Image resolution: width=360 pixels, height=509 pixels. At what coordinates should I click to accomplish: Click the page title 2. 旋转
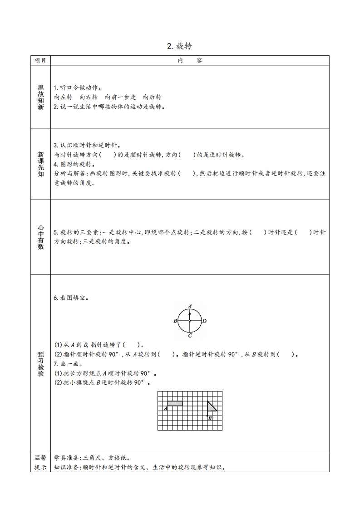pyautogui.click(x=180, y=46)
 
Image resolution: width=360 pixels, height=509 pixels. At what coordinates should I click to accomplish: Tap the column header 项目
pyautogui.click(x=40, y=60)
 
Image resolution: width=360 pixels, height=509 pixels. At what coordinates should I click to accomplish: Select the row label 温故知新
pyautogui.click(x=41, y=97)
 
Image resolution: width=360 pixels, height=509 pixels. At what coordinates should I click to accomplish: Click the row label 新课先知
pyautogui.click(x=41, y=164)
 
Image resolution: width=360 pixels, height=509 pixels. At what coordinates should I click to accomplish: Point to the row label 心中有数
pyautogui.click(x=41, y=237)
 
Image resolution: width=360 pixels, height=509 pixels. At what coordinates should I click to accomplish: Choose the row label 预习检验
pyautogui.click(x=41, y=363)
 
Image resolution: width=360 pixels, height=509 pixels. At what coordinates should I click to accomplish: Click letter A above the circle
pyautogui.click(x=190, y=305)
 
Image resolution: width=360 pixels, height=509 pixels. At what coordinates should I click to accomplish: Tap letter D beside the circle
pyautogui.click(x=205, y=321)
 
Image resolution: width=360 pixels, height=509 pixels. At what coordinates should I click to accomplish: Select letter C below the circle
pyautogui.click(x=190, y=336)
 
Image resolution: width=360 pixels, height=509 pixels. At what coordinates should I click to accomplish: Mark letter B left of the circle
pyautogui.click(x=175, y=321)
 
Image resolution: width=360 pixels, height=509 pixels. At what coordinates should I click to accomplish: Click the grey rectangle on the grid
pyautogui.click(x=175, y=403)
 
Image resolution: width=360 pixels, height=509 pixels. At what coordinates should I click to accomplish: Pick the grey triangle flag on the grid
pyautogui.click(x=211, y=406)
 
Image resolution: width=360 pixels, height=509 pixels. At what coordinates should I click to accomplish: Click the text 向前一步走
pyautogui.click(x=120, y=97)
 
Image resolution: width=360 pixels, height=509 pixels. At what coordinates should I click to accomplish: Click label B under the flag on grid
pyautogui.click(x=210, y=418)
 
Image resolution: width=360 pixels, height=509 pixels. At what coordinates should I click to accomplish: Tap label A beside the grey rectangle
pyautogui.click(x=165, y=408)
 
